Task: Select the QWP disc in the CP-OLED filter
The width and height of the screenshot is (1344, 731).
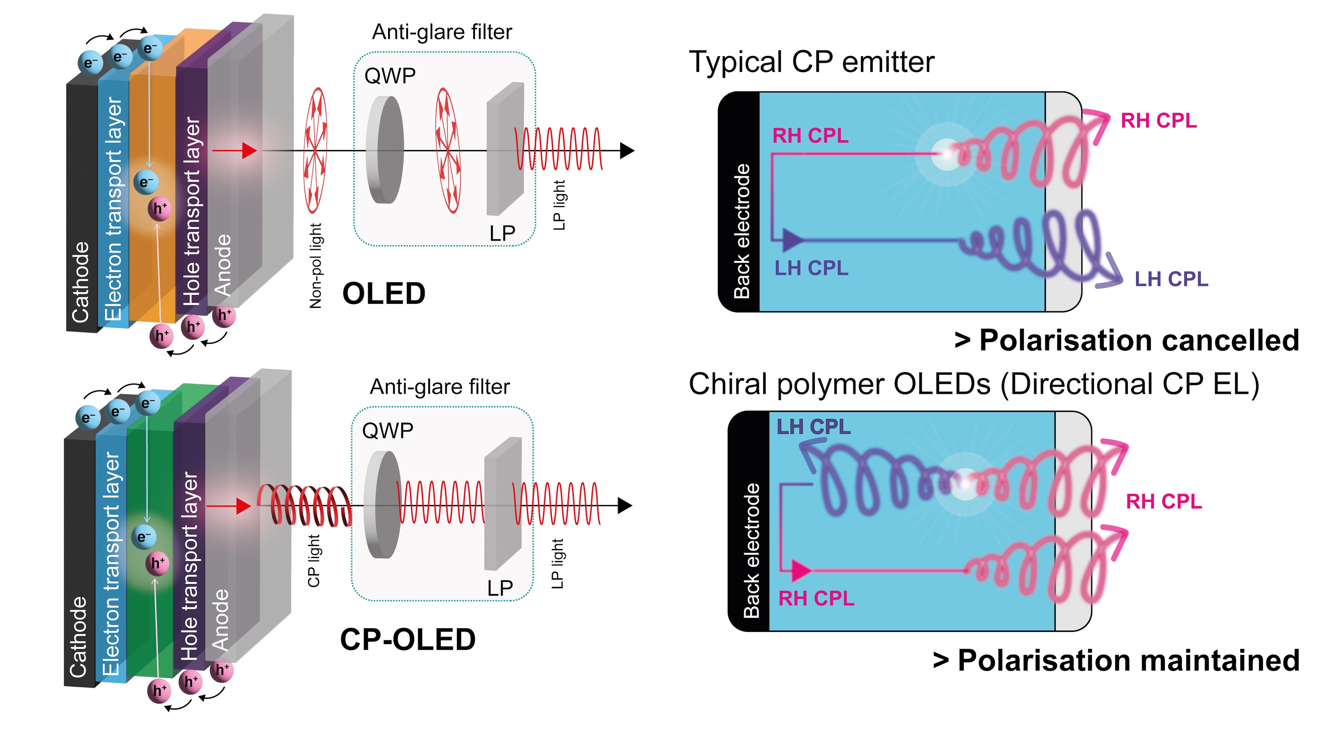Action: coord(382,505)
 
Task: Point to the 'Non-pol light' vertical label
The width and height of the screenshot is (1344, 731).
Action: coord(316,266)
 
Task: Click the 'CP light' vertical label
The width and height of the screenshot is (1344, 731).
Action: coord(314,561)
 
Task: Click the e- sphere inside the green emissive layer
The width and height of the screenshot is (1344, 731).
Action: coord(144,537)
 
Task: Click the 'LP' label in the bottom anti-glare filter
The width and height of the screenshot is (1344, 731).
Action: coord(500,588)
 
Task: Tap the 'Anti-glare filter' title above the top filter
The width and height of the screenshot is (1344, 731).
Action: coord(442,32)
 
